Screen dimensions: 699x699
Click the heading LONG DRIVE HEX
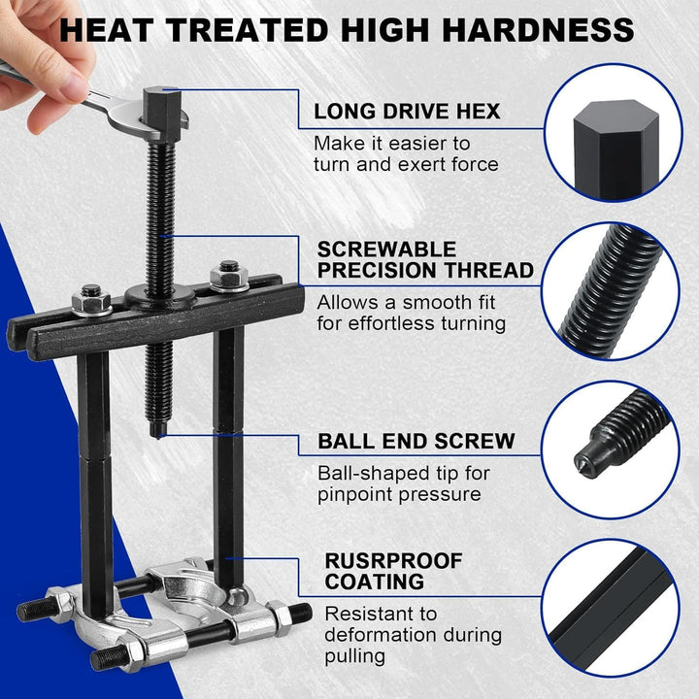coord(407,112)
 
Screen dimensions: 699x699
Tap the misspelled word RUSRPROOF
coord(393,561)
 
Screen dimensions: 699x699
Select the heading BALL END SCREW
coord(416,442)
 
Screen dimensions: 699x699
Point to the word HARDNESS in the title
coord(538,30)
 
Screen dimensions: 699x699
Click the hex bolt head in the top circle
coord(616,150)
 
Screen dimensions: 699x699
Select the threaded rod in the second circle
coord(611,292)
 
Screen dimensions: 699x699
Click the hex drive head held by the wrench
coord(162,114)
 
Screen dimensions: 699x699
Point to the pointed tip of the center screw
coord(158,437)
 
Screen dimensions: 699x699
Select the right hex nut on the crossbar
coord(229,278)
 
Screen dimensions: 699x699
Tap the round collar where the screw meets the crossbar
coord(159,297)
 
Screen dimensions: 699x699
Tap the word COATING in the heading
coord(375,582)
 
